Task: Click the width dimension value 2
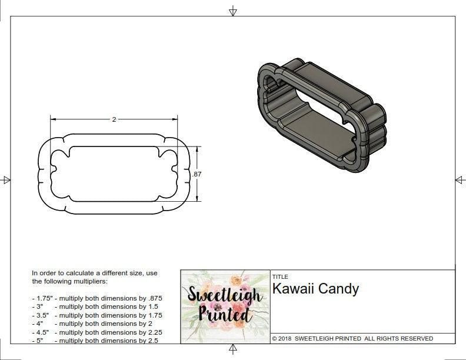click(x=114, y=119)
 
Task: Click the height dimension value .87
click(x=197, y=174)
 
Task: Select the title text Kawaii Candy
click(x=315, y=289)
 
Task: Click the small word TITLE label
click(x=280, y=276)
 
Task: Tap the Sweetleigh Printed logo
click(x=225, y=305)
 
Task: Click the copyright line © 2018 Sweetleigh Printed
click(x=352, y=338)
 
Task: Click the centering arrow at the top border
click(x=233, y=11)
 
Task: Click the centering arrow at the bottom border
click(x=233, y=350)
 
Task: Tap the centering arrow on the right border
click(x=460, y=180)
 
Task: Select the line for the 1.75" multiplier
click(x=97, y=298)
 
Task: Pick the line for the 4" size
click(x=92, y=324)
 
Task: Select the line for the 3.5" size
click(x=97, y=315)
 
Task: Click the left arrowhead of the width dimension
click(x=53, y=119)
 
